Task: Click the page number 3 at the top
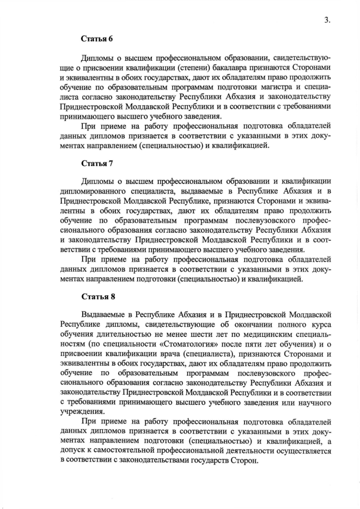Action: pos(326,20)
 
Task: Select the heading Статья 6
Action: pos(97,39)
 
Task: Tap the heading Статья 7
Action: pos(97,164)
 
